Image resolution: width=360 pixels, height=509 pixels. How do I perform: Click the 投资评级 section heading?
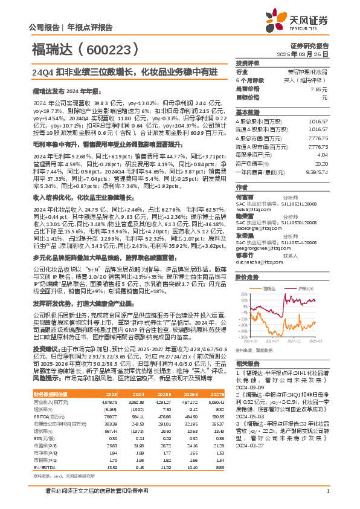[x=248, y=63]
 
